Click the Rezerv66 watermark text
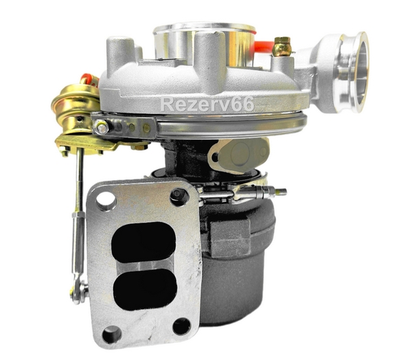(207, 104)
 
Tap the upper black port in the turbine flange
(144, 242)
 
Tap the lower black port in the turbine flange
(145, 289)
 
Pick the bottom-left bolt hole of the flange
(112, 334)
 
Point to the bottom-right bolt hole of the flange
(181, 326)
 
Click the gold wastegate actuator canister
(76, 108)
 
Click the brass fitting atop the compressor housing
(282, 47)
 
